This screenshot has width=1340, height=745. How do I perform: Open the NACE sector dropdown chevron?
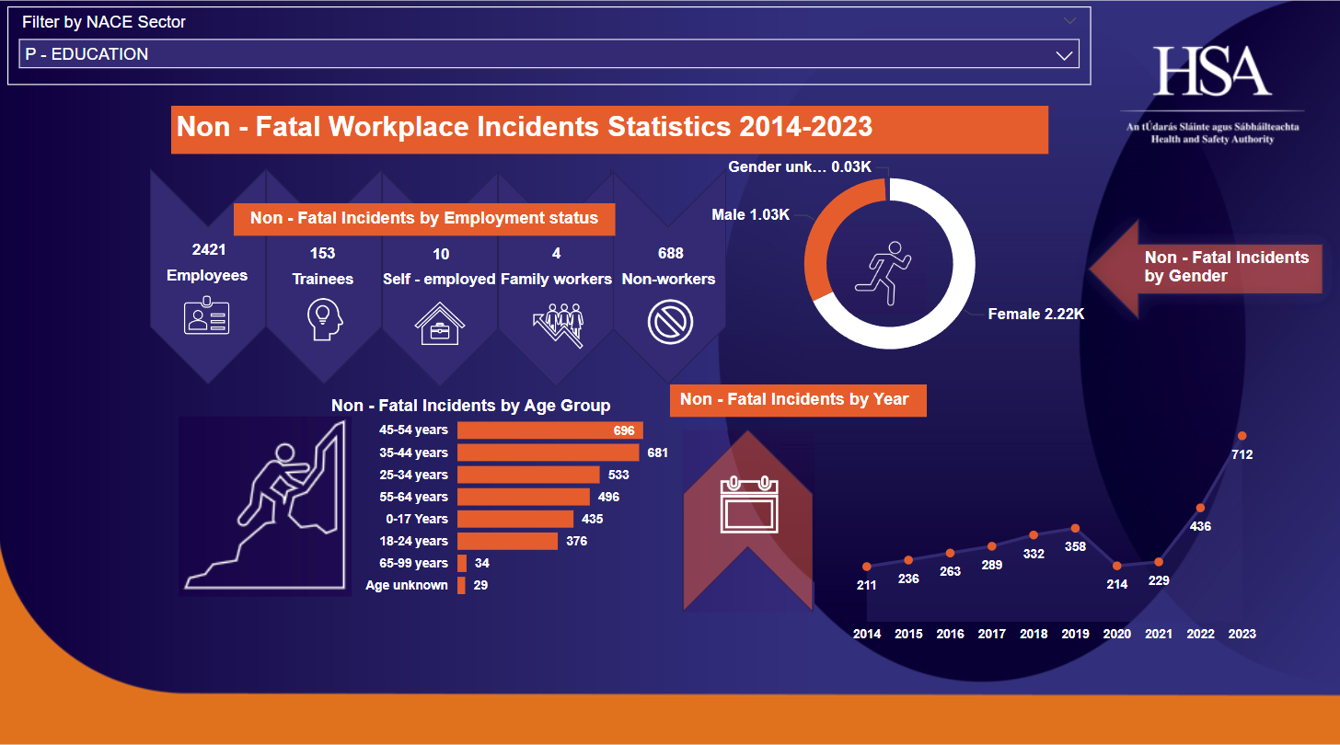(1064, 55)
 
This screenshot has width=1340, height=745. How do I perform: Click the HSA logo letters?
(1212, 72)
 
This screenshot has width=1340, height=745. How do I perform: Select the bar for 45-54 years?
(549, 430)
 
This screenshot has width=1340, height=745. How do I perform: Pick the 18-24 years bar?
(507, 541)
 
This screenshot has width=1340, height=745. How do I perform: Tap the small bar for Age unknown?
(461, 585)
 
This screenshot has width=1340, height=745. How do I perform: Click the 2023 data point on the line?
(1242, 436)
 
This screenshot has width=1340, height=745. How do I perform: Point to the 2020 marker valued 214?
(1117, 567)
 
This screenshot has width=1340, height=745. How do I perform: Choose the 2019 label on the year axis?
(1075, 634)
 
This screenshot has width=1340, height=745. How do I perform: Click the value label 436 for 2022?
(1200, 527)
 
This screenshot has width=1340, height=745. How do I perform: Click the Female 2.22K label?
(1036, 315)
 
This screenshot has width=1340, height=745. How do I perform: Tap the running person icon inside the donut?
(884, 272)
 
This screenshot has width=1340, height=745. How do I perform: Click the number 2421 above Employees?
(208, 249)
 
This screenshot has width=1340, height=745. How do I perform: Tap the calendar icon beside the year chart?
(748, 506)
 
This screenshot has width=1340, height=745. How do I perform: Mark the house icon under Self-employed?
(440, 323)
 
